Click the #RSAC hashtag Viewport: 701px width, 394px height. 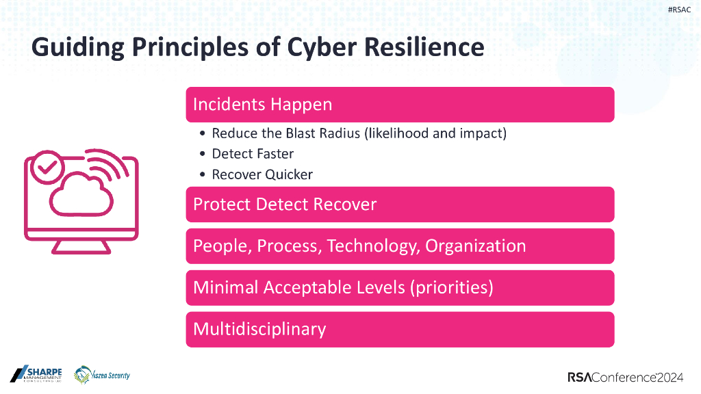(679, 10)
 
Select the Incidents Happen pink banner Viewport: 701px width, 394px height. (400, 105)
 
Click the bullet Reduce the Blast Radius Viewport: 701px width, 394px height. (359, 133)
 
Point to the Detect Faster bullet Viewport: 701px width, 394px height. (253, 154)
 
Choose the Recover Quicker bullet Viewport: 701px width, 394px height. (262, 174)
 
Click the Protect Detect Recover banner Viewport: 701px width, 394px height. (400, 205)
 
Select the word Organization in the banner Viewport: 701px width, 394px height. (476, 246)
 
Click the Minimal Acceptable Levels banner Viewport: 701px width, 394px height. (400, 288)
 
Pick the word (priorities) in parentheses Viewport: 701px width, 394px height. (451, 288)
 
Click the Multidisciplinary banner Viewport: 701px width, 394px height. (400, 330)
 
